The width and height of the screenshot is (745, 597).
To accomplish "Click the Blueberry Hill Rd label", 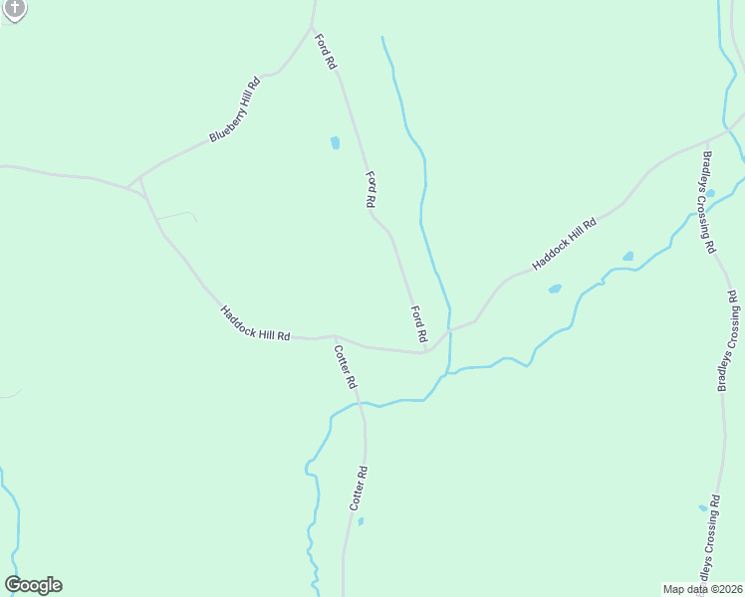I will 235,109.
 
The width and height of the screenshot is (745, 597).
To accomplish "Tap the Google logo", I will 33,585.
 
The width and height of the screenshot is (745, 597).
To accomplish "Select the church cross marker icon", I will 14,9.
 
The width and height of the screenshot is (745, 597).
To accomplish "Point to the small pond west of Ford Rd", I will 336,142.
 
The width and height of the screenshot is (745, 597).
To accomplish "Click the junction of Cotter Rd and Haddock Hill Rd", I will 336,336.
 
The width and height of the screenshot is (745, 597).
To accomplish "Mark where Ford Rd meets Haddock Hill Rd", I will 425,350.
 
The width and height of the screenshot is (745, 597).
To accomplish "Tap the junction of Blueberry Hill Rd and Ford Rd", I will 313,27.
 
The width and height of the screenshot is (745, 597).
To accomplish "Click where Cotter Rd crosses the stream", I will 361,404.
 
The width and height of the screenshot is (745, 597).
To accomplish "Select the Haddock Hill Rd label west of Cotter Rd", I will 255,323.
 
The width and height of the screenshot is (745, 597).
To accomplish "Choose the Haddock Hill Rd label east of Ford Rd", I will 564,244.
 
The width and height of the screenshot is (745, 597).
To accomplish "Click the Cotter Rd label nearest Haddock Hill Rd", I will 345,366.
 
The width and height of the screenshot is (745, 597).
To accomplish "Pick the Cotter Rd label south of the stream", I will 359,489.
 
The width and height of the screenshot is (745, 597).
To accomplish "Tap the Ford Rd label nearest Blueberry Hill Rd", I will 326,52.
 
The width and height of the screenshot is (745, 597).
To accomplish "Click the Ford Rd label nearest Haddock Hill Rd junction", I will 418,324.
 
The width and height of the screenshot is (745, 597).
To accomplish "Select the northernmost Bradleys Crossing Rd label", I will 709,202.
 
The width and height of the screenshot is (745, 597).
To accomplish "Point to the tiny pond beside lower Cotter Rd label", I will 361,520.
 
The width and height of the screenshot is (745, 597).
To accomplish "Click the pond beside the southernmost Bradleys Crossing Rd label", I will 703,507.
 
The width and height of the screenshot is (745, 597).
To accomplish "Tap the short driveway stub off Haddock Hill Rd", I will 177,214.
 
